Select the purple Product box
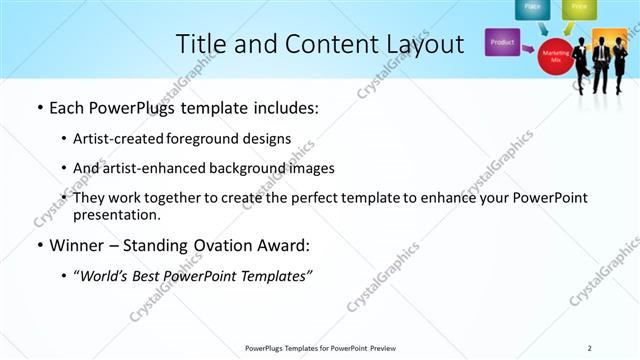503,43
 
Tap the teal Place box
532,8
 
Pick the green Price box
578,8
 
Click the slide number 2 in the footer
590,347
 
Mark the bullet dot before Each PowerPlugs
39,107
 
